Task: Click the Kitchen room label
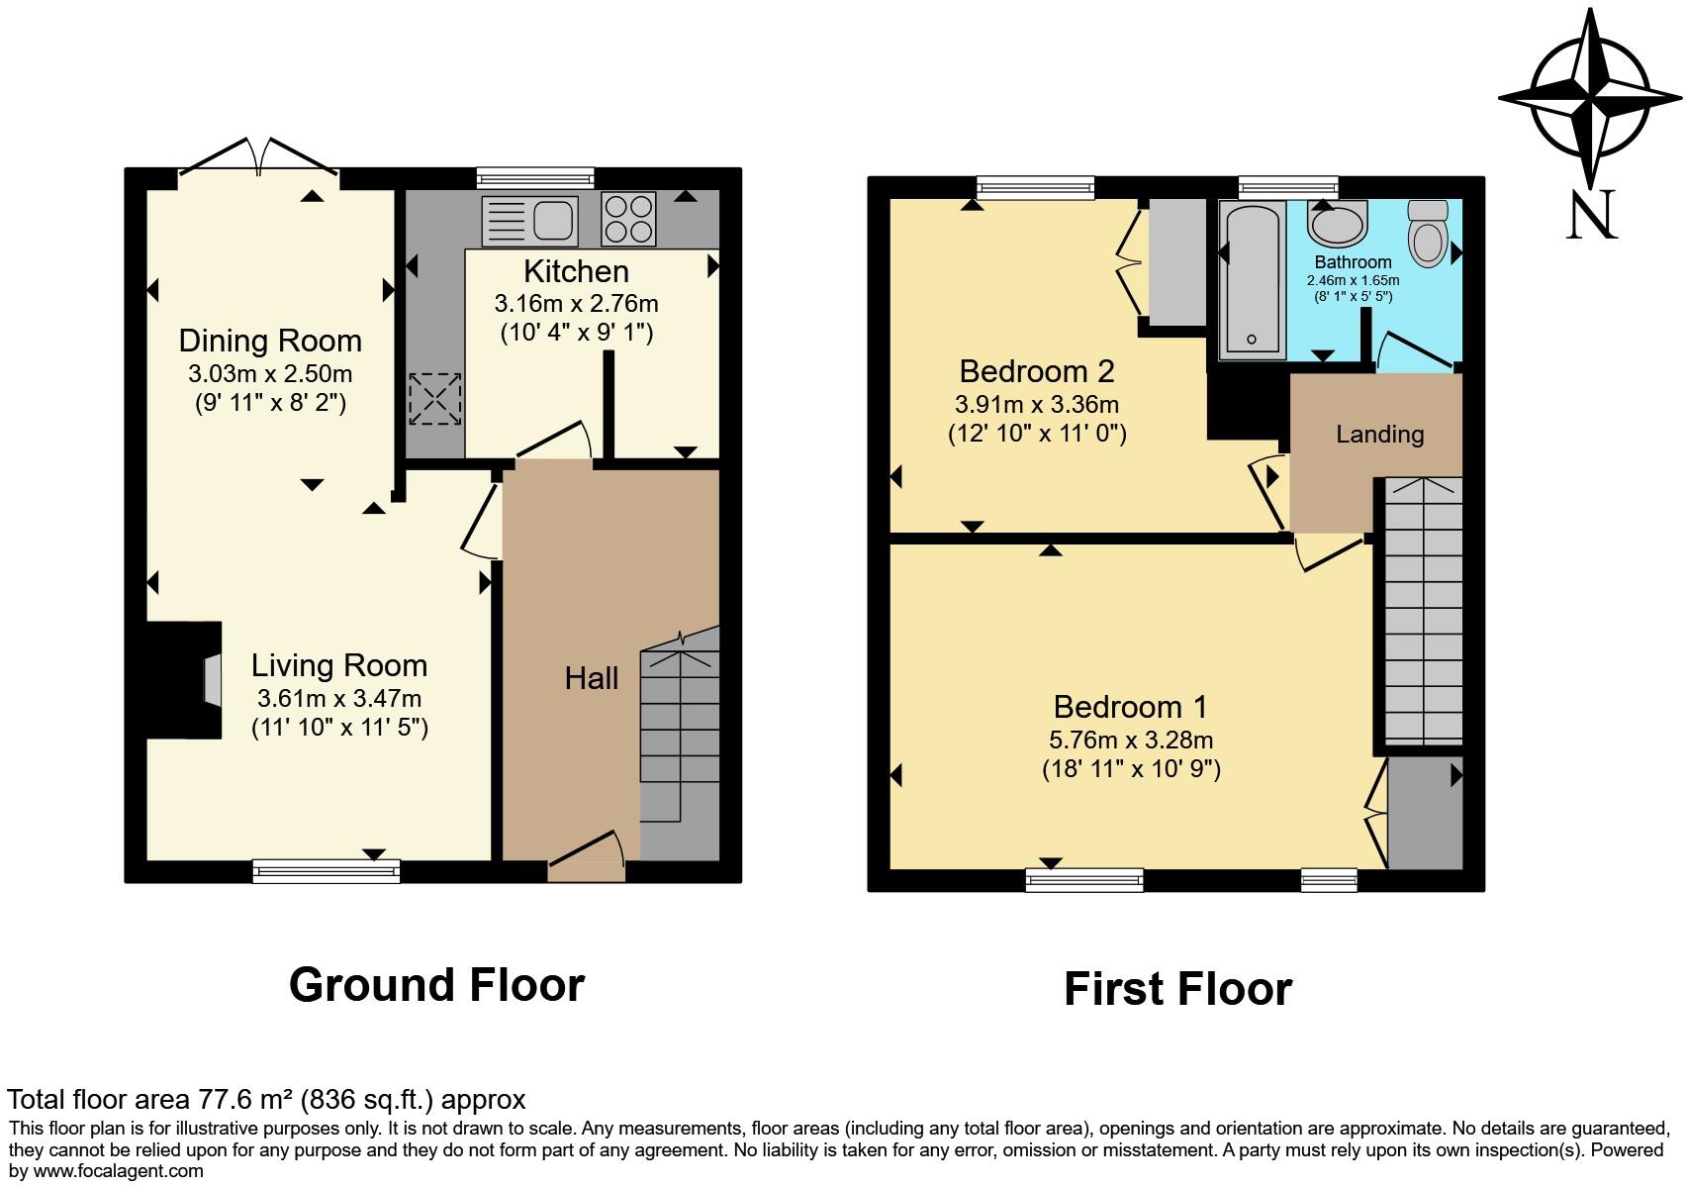click(x=576, y=271)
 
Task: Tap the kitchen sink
click(x=529, y=220)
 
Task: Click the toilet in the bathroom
click(x=1428, y=235)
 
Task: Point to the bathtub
click(x=1251, y=279)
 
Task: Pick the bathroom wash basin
click(x=1337, y=223)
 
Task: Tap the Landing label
click(x=1379, y=435)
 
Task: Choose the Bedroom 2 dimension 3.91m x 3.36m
click(x=1036, y=404)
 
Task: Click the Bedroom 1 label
click(x=1130, y=707)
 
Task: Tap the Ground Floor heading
click(x=436, y=985)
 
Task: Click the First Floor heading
click(x=1177, y=989)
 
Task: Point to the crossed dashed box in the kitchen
click(x=435, y=399)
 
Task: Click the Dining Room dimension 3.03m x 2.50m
click(x=270, y=374)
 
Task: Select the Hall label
click(x=592, y=678)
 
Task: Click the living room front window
click(x=327, y=871)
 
